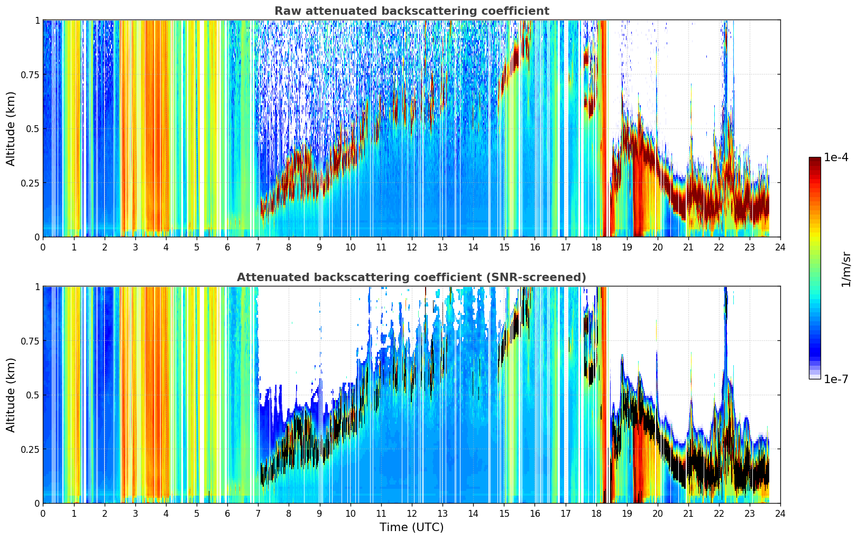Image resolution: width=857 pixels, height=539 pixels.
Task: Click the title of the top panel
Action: pyautogui.click(x=412, y=11)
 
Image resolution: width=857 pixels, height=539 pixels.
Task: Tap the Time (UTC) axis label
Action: pyautogui.click(x=412, y=527)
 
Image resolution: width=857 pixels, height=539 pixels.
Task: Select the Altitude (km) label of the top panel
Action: pyautogui.click(x=11, y=129)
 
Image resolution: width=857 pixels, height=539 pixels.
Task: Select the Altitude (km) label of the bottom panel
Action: pyautogui.click(x=11, y=395)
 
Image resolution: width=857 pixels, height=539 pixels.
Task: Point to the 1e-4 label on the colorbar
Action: pyautogui.click(x=835, y=157)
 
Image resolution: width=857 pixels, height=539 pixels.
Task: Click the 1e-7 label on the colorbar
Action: pyautogui.click(x=835, y=379)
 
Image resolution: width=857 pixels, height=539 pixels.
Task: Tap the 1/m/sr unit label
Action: pyautogui.click(x=846, y=269)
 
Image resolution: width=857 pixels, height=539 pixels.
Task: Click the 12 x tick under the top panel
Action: pyautogui.click(x=412, y=247)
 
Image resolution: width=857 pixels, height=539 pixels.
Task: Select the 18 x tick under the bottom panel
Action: pyautogui.click(x=596, y=514)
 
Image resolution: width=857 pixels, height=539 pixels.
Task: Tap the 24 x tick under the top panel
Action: pyautogui.click(x=780, y=247)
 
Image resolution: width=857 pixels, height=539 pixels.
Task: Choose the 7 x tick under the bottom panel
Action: pyautogui.click(x=258, y=514)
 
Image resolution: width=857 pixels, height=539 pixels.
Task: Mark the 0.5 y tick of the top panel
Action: pyautogui.click(x=32, y=129)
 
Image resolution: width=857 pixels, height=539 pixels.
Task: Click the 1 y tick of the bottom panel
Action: pyautogui.click(x=38, y=287)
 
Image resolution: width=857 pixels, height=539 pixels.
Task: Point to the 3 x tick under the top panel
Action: pyautogui.click(x=135, y=247)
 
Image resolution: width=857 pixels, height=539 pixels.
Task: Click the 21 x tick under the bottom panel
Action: pyautogui.click(x=688, y=514)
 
